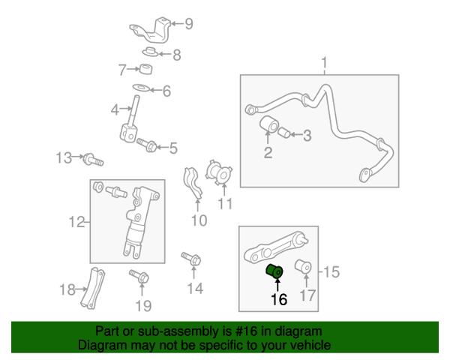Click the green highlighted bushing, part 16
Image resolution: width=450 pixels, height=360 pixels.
click(275, 271)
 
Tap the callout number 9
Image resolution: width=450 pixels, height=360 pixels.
click(188, 24)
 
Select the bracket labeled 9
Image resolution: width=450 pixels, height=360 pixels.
click(151, 31)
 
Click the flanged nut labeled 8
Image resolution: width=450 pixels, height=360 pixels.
click(150, 52)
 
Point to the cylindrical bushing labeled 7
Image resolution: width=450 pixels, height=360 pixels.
click(145, 69)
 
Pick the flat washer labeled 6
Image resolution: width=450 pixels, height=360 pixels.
click(141, 87)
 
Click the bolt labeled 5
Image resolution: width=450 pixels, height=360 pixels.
click(146, 145)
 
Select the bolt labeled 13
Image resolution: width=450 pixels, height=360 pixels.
click(93, 160)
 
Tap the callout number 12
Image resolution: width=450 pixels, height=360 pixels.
click(76, 222)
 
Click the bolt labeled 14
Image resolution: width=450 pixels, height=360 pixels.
click(191, 259)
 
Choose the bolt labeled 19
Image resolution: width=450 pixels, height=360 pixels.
click(139, 276)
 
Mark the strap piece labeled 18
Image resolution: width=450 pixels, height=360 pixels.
click(92, 288)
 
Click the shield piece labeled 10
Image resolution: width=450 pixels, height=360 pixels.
click(193, 184)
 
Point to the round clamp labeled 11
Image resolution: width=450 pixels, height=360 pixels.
click(219, 172)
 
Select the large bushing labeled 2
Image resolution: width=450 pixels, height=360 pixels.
click(269, 124)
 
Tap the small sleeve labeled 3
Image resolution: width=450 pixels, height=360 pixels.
click(284, 133)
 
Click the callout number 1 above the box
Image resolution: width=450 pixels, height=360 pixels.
click(324, 62)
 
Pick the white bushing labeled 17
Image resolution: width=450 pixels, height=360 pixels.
click(303, 267)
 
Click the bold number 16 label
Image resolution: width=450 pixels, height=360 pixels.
click(279, 299)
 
